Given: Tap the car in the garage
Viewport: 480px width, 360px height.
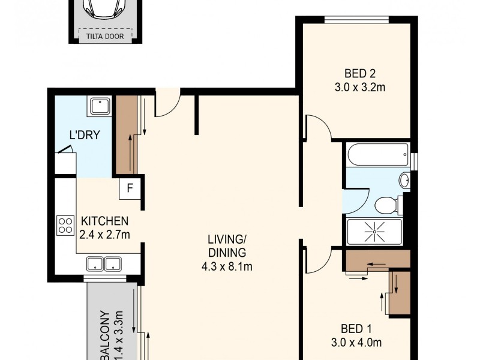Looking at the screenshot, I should [104, 10].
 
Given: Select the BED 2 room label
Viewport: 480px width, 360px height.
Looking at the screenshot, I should [359, 74].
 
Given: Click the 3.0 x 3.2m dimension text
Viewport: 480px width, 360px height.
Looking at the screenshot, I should [359, 88].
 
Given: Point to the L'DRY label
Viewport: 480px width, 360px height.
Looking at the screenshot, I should [84, 136].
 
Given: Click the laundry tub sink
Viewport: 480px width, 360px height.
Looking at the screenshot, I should [97, 107].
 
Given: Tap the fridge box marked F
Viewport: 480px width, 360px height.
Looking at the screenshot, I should [130, 189].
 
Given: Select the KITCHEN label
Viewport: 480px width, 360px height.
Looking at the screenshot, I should [105, 221].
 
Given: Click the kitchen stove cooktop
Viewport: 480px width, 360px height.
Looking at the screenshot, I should [65, 226].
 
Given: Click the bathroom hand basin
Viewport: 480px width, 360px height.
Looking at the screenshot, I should [404, 180].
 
